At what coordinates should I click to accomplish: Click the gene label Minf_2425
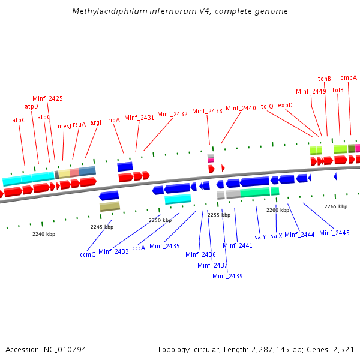pyautogui.click(x=47, y=98)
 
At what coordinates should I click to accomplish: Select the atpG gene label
pyautogui.click(x=19, y=120)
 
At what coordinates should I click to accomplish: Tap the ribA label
pyautogui.click(x=114, y=119)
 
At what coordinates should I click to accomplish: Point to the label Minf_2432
pyautogui.click(x=173, y=114)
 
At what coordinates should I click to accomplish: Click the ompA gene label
pyautogui.click(x=349, y=77)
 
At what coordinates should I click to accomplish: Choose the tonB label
pyautogui.click(x=325, y=79)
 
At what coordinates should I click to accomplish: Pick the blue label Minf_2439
pyautogui.click(x=227, y=276)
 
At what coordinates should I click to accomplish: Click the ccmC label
pyautogui.click(x=88, y=254)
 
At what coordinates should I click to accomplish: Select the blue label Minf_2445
pyautogui.click(x=334, y=233)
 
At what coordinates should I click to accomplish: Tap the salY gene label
pyautogui.click(x=260, y=237)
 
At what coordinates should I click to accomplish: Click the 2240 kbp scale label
pyautogui.click(x=44, y=234)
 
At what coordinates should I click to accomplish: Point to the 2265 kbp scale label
pyautogui.click(x=336, y=206)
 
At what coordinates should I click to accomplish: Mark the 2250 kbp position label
pyautogui.click(x=160, y=220)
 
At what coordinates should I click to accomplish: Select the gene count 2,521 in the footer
pyautogui.click(x=343, y=349)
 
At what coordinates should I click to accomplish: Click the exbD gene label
pyautogui.click(x=285, y=105)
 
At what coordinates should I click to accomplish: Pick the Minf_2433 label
pyautogui.click(x=113, y=251)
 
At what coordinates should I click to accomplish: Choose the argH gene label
pyautogui.click(x=97, y=122)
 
